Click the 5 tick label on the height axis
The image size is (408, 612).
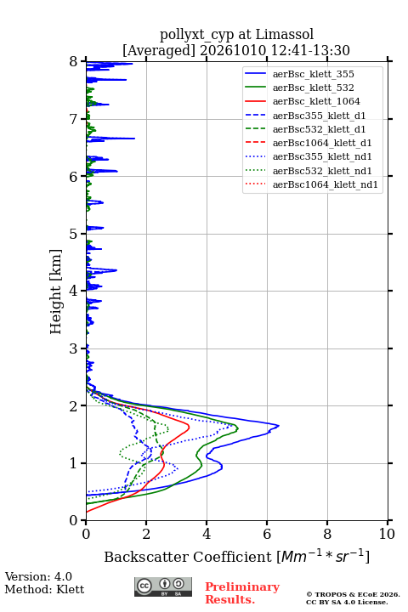tap(73, 234)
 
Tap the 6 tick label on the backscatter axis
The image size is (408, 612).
tap(267, 534)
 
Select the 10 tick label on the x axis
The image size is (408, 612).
tap(387, 534)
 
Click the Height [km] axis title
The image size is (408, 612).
tap(55, 292)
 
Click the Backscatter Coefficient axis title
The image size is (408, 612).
tap(236, 556)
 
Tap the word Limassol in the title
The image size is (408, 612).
tap(285, 34)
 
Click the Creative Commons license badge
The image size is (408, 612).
tap(163, 586)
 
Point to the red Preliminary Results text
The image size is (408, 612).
tap(242, 593)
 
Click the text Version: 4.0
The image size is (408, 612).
tap(38, 576)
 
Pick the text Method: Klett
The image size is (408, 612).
tap(44, 589)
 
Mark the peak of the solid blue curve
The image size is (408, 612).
tap(279, 426)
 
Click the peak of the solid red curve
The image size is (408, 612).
tap(190, 427)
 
